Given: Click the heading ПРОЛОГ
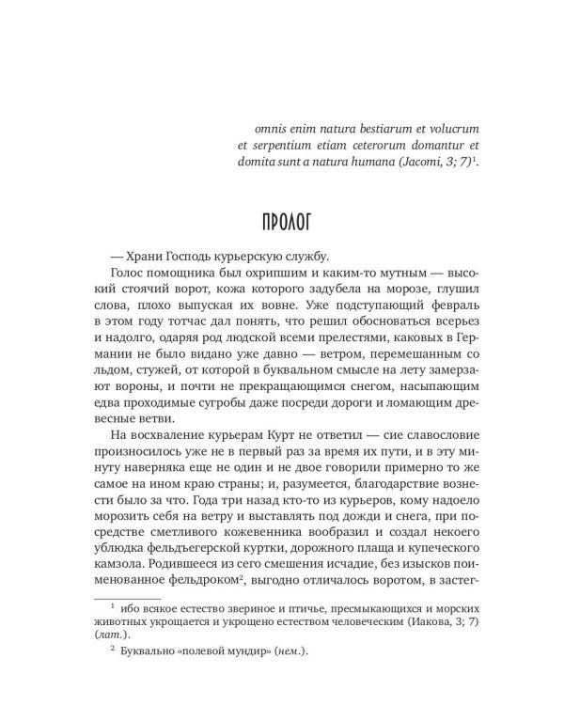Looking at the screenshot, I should point(281,227).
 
